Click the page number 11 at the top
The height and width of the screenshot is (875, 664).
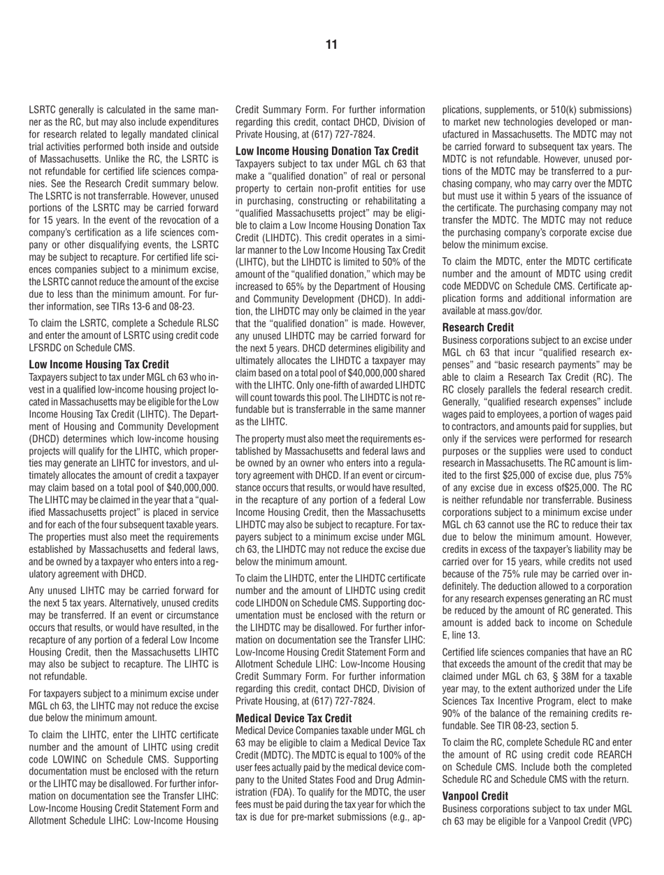click(331, 45)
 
